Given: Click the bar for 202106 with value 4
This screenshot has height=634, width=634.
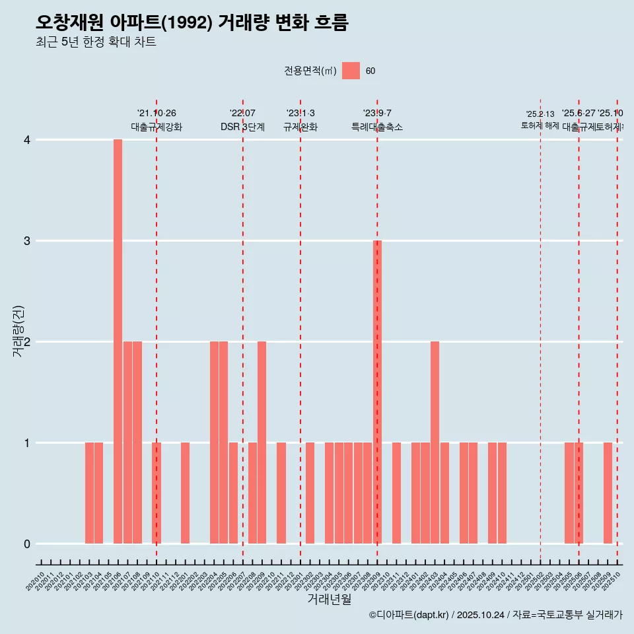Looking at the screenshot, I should [118, 341].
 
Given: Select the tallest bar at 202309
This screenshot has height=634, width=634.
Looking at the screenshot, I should [377, 392].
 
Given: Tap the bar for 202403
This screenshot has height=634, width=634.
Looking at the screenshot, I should [435, 442].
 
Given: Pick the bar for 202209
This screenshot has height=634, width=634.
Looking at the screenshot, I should [262, 442].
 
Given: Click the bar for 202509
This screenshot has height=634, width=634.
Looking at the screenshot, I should [608, 493].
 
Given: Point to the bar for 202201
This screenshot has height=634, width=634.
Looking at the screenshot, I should [185, 493].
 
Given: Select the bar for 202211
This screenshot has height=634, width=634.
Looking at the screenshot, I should [281, 493].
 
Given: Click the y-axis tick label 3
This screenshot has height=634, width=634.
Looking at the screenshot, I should [27, 241].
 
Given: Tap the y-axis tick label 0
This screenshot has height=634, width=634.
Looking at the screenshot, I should [27, 544].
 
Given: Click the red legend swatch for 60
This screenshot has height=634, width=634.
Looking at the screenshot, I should [351, 71].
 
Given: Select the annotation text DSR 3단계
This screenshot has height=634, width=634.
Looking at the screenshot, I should [242, 127].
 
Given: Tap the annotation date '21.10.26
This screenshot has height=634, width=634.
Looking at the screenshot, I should [157, 114].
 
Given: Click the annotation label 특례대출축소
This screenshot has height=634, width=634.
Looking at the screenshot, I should [377, 127].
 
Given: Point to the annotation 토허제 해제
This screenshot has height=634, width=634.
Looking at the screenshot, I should [540, 125].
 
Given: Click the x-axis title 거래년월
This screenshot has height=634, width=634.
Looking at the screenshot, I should [329, 600].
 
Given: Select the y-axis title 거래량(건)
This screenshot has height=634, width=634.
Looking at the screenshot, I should [18, 332].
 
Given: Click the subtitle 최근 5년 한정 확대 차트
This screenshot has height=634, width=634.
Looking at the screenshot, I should [96, 42].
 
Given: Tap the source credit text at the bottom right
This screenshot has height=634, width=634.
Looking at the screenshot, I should [495, 616].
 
